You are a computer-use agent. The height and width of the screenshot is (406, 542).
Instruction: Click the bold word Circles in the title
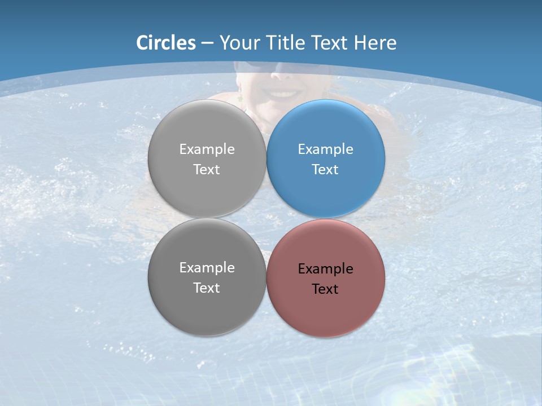[x=166, y=43]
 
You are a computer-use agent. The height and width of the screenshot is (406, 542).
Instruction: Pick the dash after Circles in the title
[x=207, y=43]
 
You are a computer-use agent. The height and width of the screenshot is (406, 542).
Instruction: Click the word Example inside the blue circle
[x=325, y=149]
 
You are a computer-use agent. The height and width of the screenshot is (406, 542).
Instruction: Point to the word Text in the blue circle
[x=325, y=170]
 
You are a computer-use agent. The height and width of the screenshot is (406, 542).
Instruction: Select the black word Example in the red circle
[x=325, y=269]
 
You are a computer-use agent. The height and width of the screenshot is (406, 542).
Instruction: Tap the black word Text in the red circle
[x=325, y=289]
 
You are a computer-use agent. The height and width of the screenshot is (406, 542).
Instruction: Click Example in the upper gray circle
[x=207, y=149]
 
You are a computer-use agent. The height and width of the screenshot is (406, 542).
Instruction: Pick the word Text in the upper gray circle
[x=207, y=170]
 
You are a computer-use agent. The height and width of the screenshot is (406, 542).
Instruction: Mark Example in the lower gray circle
[x=207, y=268]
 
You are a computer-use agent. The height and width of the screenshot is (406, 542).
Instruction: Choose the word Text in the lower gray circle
[x=207, y=288]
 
